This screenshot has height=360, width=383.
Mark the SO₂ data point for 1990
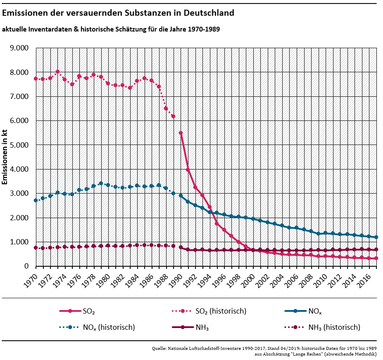tap(181, 133)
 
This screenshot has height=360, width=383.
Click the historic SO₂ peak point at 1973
tap(57, 72)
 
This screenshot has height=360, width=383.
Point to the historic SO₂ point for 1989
tap(173, 116)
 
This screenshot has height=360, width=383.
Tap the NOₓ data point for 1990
tap(181, 196)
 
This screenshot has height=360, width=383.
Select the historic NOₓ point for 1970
tap(35, 200)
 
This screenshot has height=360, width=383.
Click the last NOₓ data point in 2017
tap(376, 237)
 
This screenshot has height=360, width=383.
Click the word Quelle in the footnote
tap(159, 348)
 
